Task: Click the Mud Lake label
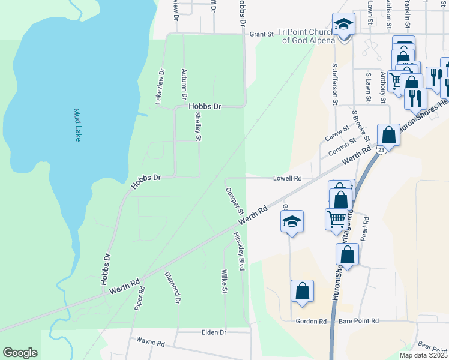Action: point(77,125)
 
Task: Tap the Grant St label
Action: point(261,35)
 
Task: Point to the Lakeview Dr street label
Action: point(160,87)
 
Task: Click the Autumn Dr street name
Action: point(184,84)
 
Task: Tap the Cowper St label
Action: point(234,202)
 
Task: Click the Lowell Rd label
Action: point(286,179)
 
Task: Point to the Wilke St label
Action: point(223,281)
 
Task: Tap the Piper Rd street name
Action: point(140,298)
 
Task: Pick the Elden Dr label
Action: point(214,332)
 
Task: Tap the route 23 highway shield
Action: point(381,149)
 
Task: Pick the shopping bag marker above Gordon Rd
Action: point(302,292)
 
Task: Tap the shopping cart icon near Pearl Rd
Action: point(336,219)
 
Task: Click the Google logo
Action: point(20,353)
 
